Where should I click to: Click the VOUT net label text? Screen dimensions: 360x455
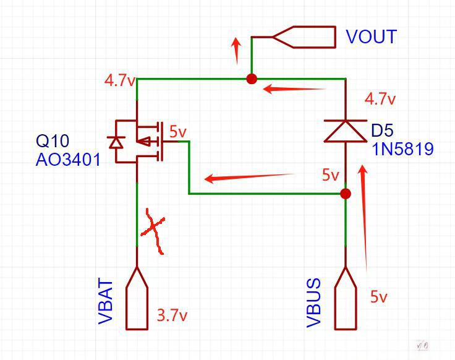[371, 37]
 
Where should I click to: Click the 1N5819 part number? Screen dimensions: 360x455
[402, 149]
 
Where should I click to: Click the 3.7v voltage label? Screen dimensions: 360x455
[172, 315]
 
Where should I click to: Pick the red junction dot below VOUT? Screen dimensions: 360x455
[252, 79]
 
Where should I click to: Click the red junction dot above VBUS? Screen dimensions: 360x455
[346, 194]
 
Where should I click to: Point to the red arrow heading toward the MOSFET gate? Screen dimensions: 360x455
[247, 178]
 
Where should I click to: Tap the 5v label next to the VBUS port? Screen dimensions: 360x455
[379, 297]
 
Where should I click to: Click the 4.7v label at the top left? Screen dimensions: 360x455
[119, 80]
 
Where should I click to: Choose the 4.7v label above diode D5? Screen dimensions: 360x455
[380, 99]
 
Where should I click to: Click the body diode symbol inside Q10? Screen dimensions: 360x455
[115, 142]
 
